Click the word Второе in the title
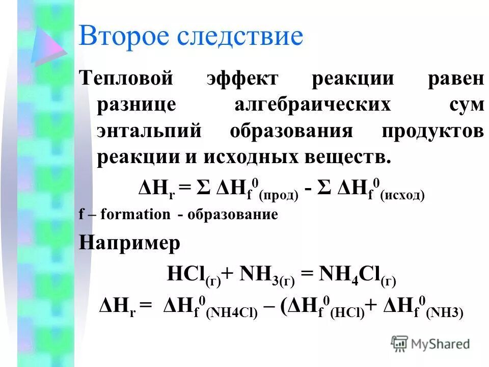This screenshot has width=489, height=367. click(122, 37)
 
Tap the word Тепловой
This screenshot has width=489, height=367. click(125, 80)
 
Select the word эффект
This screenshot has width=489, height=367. click(242, 80)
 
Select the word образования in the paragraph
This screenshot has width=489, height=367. click(291, 132)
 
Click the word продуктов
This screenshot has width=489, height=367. click(432, 132)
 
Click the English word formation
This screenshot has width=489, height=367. click(135, 215)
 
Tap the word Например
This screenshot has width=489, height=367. click(129, 243)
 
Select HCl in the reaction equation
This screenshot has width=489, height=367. click(186, 276)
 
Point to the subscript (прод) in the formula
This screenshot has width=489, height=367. click(279, 195)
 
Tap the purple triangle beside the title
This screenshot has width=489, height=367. click(47, 46)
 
